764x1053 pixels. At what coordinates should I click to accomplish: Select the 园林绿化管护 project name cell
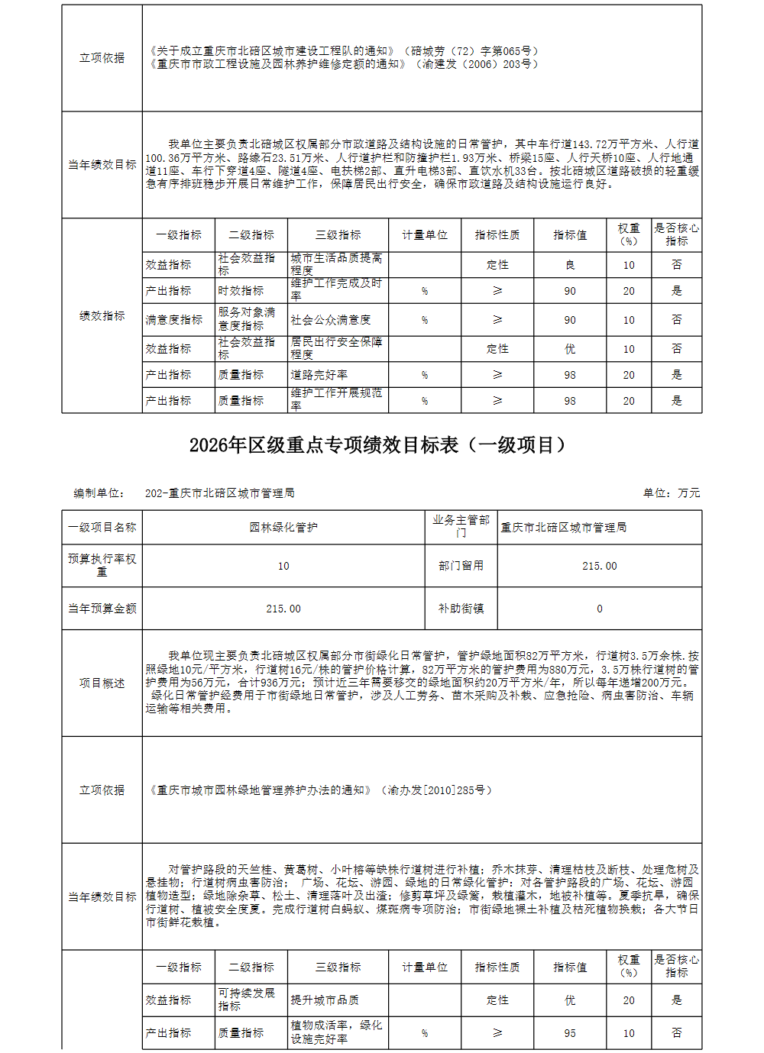[x=283, y=528]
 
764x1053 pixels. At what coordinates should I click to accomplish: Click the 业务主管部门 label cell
[x=461, y=527]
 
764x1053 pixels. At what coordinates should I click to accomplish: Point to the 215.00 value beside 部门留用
[x=599, y=567]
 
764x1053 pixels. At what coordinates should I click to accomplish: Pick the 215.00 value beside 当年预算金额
[x=283, y=609]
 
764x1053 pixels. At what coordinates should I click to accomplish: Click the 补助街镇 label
[x=461, y=609]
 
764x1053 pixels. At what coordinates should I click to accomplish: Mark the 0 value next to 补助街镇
[x=599, y=609]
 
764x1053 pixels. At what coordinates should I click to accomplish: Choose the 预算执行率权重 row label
[x=102, y=566]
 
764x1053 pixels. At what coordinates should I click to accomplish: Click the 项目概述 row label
[x=102, y=683]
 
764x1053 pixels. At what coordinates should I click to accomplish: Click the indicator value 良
[x=570, y=265]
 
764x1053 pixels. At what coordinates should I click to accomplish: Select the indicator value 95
[x=570, y=1033]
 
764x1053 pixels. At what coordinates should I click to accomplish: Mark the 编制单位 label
[x=99, y=493]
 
